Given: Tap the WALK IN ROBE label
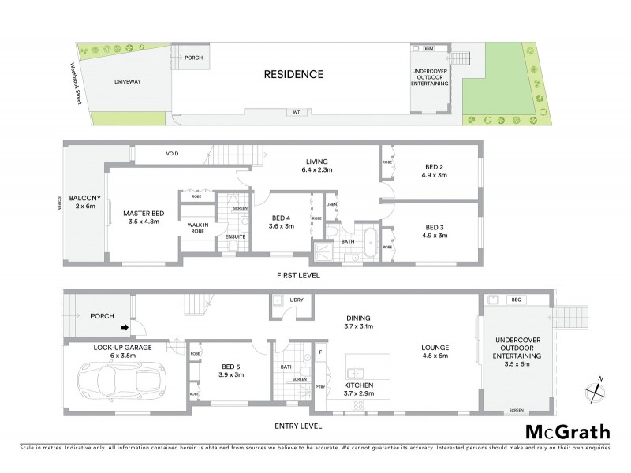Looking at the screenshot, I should click(197, 229).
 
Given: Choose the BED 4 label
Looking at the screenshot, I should click(282, 222).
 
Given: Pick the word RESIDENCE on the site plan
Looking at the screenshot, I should click(293, 75).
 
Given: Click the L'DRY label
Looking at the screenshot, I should click(297, 300).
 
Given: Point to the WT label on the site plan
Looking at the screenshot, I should click(297, 113).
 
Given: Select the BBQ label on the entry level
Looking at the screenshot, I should click(517, 300).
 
